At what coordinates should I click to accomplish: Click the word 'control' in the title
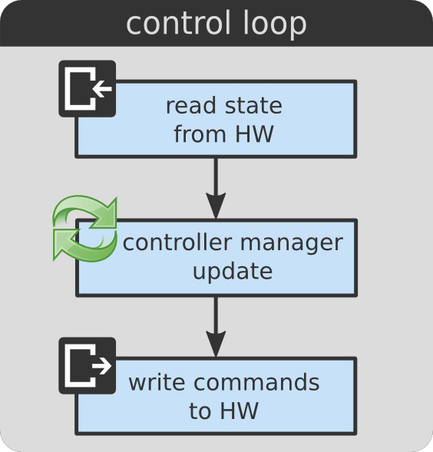[179, 23]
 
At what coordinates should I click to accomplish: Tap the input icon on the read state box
[88, 88]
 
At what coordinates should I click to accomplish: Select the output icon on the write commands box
[88, 365]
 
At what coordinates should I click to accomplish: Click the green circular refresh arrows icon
[84, 229]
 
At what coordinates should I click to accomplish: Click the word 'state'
[253, 106]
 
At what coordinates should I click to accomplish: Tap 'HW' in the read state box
[254, 134]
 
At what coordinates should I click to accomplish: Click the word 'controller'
[177, 242]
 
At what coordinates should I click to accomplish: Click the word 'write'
[157, 382]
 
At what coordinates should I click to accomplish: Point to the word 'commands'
[256, 382]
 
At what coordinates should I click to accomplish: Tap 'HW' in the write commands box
[239, 411]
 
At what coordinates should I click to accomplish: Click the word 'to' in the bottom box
[200, 411]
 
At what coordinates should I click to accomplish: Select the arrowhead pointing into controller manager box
[216, 206]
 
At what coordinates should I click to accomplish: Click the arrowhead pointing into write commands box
[216, 345]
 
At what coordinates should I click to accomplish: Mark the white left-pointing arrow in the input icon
[102, 88]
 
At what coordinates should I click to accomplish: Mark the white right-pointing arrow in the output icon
[102, 366]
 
